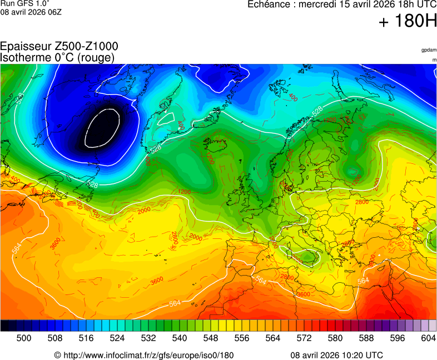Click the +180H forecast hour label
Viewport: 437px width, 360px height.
[408, 22]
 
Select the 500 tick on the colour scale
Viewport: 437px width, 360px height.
[23, 338]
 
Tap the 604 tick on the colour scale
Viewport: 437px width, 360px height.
[428, 338]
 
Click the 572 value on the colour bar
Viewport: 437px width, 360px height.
[304, 338]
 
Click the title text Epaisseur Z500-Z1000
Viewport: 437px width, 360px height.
[59, 47]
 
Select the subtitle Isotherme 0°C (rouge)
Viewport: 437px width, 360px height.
[57, 57]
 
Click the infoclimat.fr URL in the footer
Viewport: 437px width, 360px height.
[143, 355]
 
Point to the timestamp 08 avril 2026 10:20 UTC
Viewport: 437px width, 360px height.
[336, 355]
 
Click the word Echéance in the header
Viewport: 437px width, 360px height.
[269, 4]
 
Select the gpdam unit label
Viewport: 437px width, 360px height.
[429, 50]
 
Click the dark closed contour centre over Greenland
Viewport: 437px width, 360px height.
[102, 128]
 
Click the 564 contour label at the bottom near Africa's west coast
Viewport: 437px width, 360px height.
[175, 303]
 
